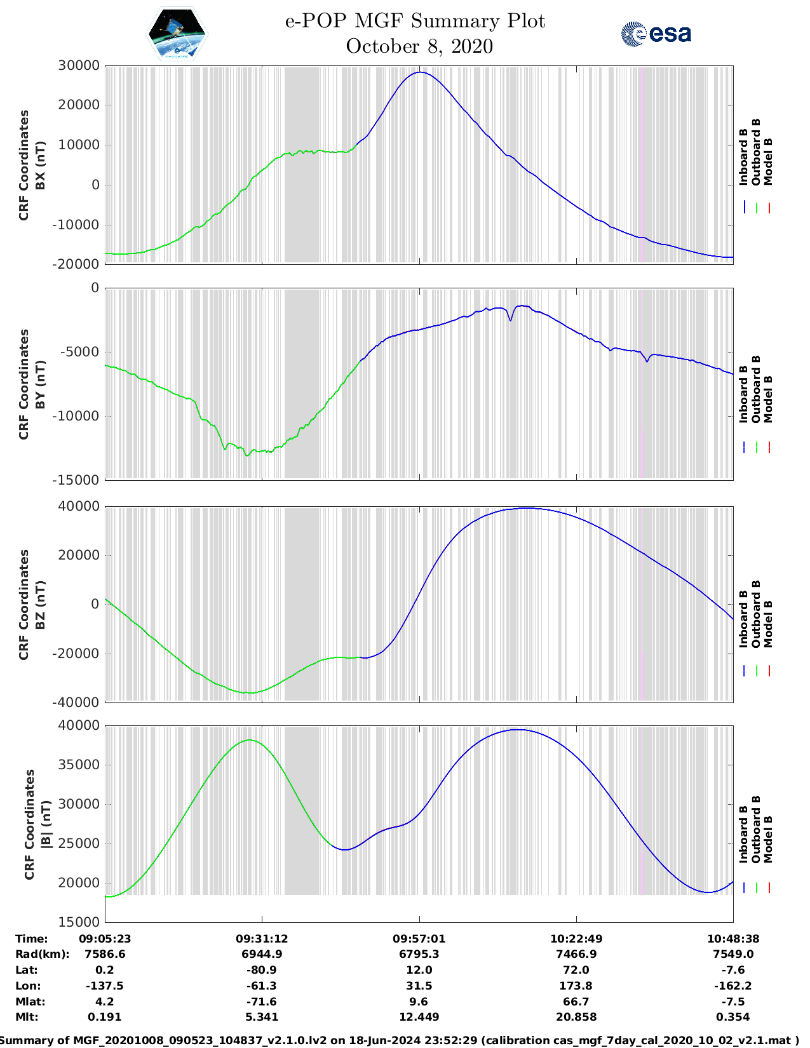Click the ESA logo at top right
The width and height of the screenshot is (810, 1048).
[656, 34]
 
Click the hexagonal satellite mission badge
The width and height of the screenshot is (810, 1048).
[177, 34]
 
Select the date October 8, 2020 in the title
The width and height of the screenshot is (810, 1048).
[419, 46]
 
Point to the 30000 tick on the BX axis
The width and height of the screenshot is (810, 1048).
[79, 65]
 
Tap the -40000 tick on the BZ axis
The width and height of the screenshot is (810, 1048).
[79, 702]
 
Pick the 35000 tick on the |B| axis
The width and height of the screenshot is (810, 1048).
[79, 765]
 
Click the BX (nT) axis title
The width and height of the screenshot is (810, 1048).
[40, 165]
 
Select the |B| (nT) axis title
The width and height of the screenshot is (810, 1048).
[46, 824]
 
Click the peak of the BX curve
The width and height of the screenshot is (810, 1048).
[420, 72]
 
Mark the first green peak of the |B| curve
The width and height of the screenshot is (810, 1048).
[250, 740]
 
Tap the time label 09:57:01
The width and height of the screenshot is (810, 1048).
[419, 939]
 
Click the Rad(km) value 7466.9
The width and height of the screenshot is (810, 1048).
[576, 954]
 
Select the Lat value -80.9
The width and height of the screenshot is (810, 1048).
[262, 970]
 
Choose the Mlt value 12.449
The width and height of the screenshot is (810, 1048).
[419, 1017]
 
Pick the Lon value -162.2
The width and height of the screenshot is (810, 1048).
[733, 986]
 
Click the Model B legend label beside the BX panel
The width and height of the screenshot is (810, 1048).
[768, 161]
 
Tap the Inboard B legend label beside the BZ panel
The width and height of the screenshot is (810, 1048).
[743, 619]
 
